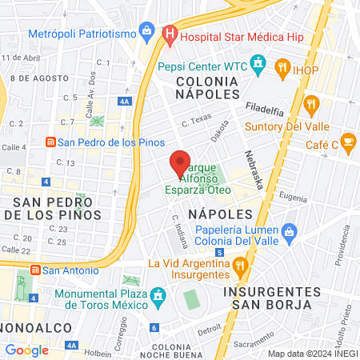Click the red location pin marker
(x=180, y=164)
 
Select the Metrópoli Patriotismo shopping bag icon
(x=146, y=32)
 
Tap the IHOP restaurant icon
(x=282, y=68)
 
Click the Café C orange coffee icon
(x=347, y=142)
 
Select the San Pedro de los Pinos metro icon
(x=50, y=142)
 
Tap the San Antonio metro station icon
(x=34, y=270)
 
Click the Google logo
(x=27, y=350)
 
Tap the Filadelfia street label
(x=265, y=106)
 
